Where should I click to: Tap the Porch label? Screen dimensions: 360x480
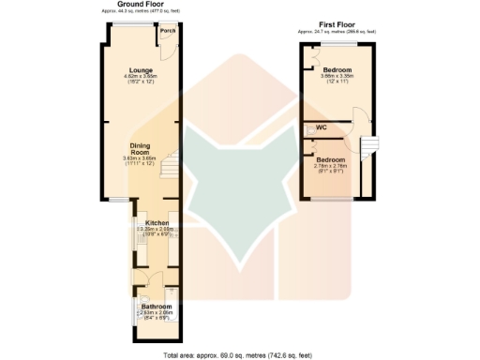point(168,31)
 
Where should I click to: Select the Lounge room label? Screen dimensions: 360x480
point(142,69)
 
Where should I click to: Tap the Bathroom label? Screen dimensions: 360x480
point(156,307)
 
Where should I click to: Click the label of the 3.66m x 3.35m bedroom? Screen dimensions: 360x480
point(337,70)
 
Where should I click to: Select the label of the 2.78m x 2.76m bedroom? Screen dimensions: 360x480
point(331,159)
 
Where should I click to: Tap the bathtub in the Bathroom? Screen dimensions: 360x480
point(136,310)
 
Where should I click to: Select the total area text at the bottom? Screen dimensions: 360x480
point(239,355)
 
